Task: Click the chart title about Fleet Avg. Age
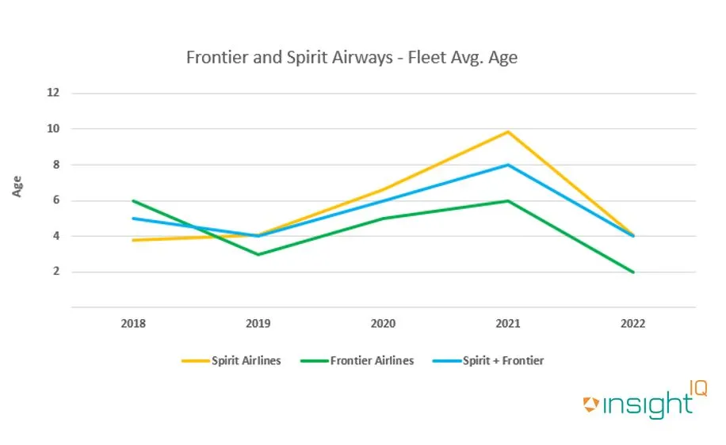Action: pos(351,58)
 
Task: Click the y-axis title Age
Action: pos(17,187)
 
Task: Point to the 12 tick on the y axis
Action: pos(53,93)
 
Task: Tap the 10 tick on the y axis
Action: pos(53,128)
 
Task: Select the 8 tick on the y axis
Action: pos(55,165)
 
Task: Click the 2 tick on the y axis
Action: pos(55,272)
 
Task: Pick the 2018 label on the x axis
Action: pos(133,323)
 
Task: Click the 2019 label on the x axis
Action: pos(258,323)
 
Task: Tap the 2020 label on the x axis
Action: pos(383,323)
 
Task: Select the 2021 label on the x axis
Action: pos(508,323)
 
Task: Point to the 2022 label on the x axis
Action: pos(632,323)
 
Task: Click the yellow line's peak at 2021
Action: pos(508,131)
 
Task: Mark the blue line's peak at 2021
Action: pos(508,165)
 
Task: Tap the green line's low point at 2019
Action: pos(258,254)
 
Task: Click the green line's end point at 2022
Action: pos(632,272)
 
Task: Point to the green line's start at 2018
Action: pos(133,200)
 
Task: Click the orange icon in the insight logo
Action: pos(590,405)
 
